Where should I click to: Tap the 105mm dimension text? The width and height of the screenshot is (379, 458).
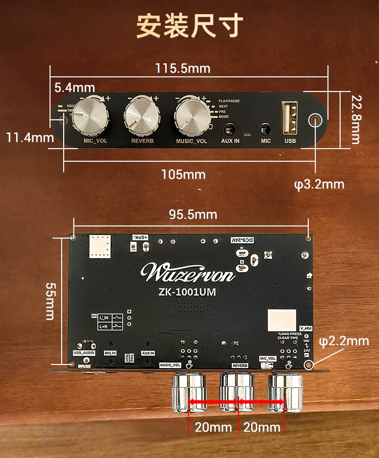tap(183, 175)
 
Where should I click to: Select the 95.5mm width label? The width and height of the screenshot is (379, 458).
tap(193, 215)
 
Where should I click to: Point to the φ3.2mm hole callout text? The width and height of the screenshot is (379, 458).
tap(319, 184)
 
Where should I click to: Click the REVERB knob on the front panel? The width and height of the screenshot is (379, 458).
tap(142, 116)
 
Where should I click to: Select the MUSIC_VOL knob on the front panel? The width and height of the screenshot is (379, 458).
tap(192, 116)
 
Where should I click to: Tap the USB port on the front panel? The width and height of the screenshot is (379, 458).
tap(290, 119)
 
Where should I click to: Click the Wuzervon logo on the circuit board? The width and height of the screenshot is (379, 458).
tap(188, 272)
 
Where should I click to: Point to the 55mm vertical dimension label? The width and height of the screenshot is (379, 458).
tap(50, 301)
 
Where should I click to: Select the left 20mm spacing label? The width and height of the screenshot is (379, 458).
tap(213, 428)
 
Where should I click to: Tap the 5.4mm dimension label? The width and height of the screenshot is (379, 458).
tap(74, 87)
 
